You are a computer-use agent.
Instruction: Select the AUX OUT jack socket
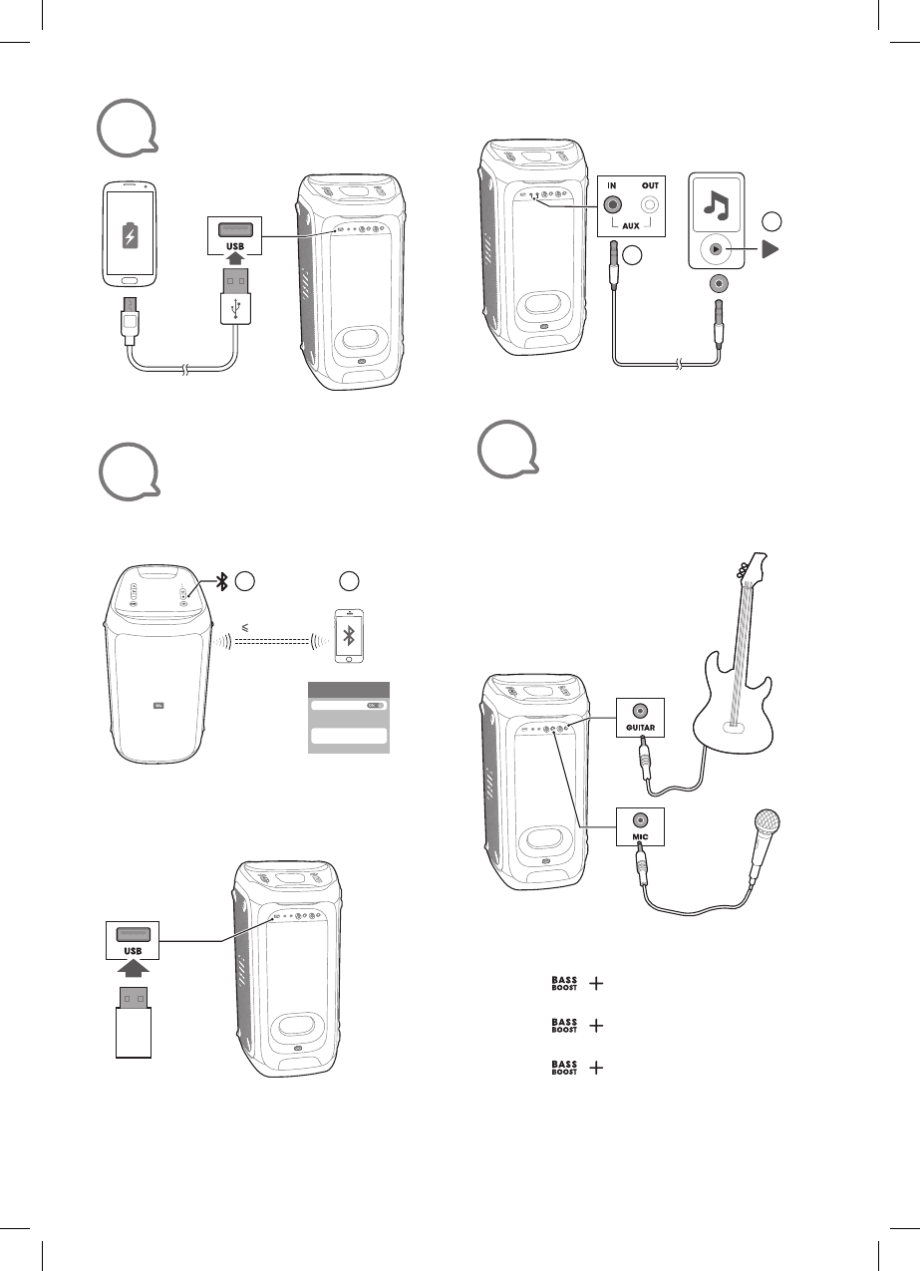[x=650, y=205]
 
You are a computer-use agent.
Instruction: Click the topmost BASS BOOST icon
[x=565, y=983]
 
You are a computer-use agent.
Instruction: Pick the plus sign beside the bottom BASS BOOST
[x=597, y=1068]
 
